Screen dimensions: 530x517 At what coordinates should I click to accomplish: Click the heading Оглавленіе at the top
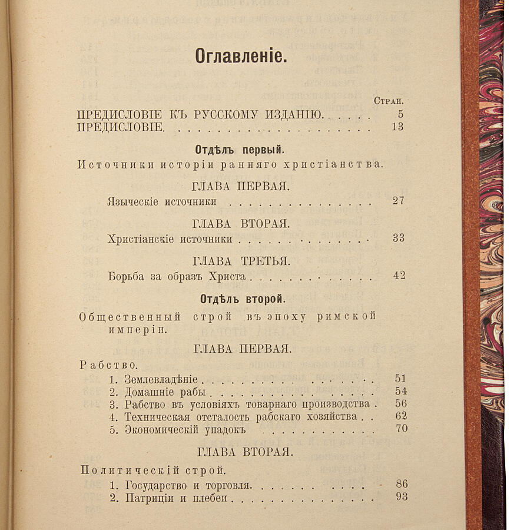pyautogui.click(x=241, y=56)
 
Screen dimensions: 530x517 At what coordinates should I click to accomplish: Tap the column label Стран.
pyautogui.click(x=391, y=101)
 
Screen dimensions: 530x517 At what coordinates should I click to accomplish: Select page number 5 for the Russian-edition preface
pyautogui.click(x=400, y=114)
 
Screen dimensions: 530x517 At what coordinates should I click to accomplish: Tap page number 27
pyautogui.click(x=398, y=201)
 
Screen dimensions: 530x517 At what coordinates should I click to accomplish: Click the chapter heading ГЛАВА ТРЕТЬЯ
pyautogui.click(x=241, y=260)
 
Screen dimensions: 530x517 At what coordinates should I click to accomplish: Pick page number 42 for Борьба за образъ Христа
pyautogui.click(x=399, y=275)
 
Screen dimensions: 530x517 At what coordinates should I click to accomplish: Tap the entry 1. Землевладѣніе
pyautogui.click(x=154, y=380)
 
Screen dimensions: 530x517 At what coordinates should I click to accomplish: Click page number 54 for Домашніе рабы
pyautogui.click(x=400, y=392)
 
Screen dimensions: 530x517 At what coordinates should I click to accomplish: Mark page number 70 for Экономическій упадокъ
pyautogui.click(x=401, y=429)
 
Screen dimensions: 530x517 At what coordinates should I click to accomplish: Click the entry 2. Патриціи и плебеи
pyautogui.click(x=169, y=498)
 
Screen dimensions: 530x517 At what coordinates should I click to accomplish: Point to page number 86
pyautogui.click(x=401, y=485)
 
